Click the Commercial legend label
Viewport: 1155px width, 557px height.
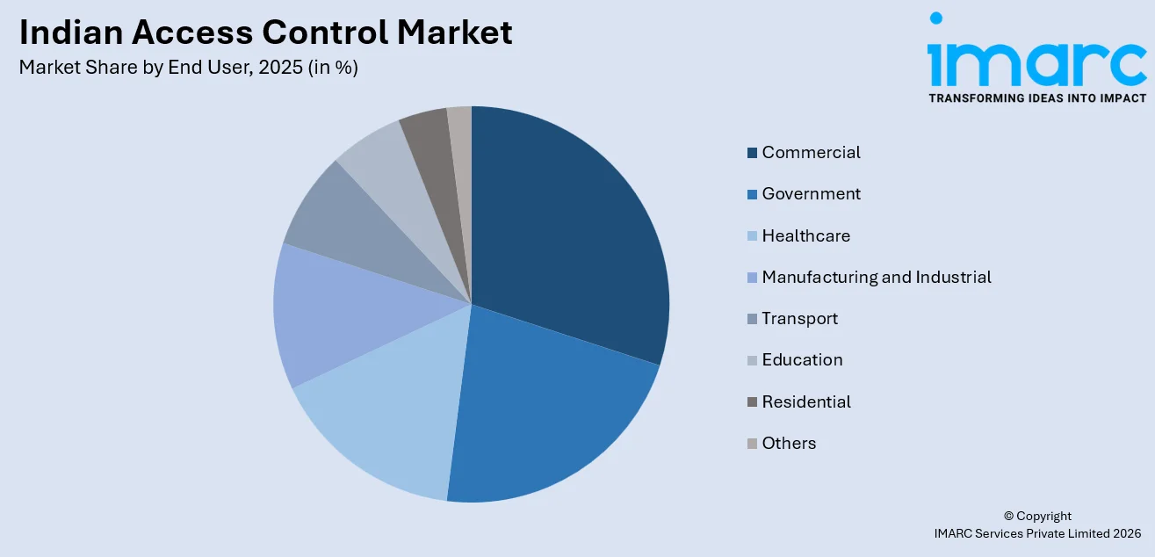tap(811, 153)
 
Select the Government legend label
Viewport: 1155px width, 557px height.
tap(811, 194)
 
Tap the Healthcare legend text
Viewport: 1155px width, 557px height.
tap(805, 236)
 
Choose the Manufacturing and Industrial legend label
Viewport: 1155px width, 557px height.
tap(876, 278)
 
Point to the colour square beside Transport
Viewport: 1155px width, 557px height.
tap(752, 319)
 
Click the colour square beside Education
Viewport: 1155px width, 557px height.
tap(752, 360)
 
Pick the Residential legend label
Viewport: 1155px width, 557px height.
tap(806, 402)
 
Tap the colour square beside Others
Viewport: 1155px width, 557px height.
tap(752, 444)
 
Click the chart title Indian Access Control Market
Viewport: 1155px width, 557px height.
tap(265, 33)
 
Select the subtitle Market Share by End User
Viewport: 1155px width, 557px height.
tap(188, 68)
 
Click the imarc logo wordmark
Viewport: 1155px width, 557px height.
tap(1036, 57)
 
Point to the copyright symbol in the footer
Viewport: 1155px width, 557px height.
tap(1008, 517)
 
